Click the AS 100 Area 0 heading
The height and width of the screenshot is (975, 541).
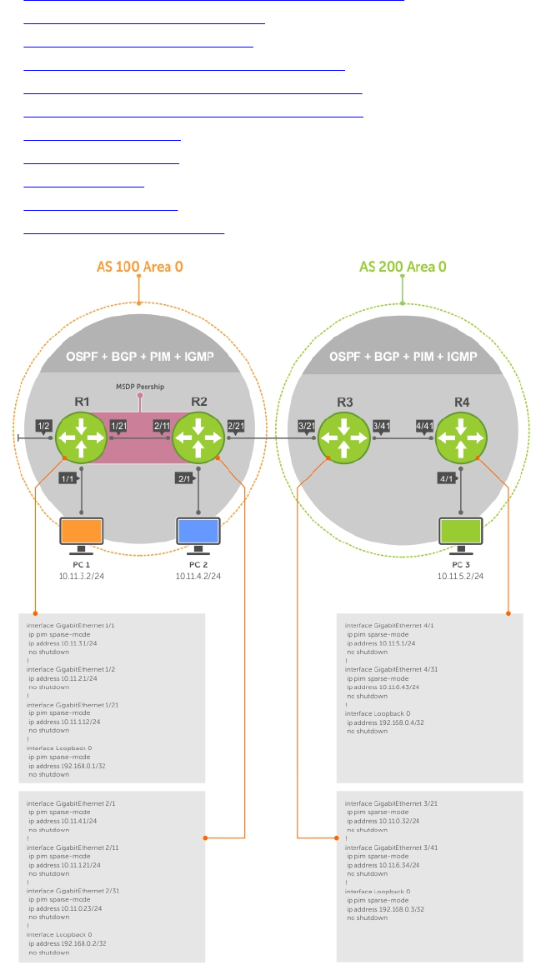pyautogui.click(x=139, y=267)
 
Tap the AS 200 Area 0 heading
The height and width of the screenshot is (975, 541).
pyautogui.click(x=403, y=267)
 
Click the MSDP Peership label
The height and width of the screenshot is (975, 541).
pyautogui.click(x=139, y=387)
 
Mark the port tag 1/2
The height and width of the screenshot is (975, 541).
pyautogui.click(x=44, y=426)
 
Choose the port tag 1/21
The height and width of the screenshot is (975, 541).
pyautogui.click(x=118, y=426)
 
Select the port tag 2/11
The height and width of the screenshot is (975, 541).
pyautogui.click(x=162, y=426)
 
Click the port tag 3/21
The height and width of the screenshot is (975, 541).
pyautogui.click(x=307, y=426)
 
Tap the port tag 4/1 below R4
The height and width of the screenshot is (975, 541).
pyautogui.click(x=446, y=478)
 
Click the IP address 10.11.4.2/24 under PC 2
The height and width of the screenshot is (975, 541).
pyautogui.click(x=198, y=576)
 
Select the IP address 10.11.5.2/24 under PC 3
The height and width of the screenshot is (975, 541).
pyautogui.click(x=461, y=576)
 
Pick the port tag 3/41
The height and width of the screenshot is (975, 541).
pyautogui.click(x=383, y=426)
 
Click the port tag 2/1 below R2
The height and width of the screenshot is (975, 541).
pyautogui.click(x=184, y=478)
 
